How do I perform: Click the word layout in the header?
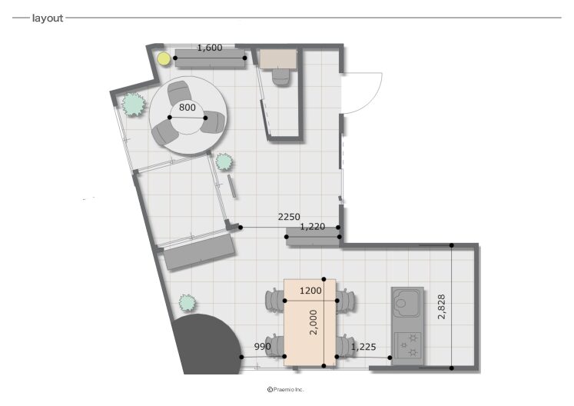[48, 18]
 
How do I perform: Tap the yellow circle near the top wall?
[164, 58]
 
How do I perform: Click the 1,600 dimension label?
[210, 48]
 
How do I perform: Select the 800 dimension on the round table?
[187, 108]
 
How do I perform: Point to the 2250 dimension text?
[289, 217]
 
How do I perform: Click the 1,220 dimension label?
[313, 227]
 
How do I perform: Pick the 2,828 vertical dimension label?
[442, 306]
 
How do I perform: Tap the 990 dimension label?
[263, 346]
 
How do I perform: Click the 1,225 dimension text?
[363, 347]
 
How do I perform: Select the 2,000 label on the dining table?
[314, 322]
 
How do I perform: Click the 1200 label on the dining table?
[310, 291]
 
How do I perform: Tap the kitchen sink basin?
[406, 303]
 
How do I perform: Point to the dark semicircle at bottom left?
[207, 344]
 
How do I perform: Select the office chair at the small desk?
[280, 77]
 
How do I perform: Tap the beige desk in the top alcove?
[278, 59]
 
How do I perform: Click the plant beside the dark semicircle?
[187, 303]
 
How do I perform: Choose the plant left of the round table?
[133, 105]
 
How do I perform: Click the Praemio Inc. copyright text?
[286, 390]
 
